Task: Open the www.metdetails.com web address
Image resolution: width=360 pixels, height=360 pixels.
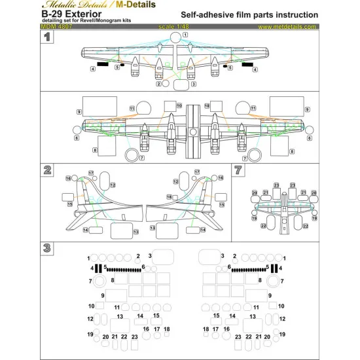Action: pyautogui.click(x=288, y=27)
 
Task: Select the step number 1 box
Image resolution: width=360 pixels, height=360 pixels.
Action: pyautogui.click(x=48, y=38)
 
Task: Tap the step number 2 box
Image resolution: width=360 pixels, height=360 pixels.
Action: pyautogui.click(x=48, y=169)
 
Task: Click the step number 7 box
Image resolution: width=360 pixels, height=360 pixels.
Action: pyautogui.click(x=239, y=169)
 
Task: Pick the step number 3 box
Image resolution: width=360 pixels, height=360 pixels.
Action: pyautogui.click(x=48, y=247)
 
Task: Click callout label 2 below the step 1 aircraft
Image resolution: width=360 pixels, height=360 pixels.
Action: pyautogui.click(x=158, y=84)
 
